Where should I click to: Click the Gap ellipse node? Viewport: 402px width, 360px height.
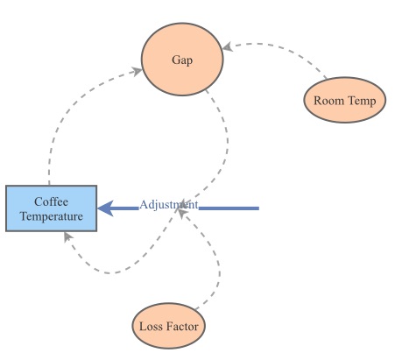(x=182, y=60)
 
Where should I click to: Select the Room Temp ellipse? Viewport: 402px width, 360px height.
(x=345, y=101)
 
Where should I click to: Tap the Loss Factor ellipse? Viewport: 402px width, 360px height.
(x=169, y=328)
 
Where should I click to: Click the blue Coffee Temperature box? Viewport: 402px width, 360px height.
(x=51, y=208)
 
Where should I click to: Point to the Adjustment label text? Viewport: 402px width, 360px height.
(x=169, y=205)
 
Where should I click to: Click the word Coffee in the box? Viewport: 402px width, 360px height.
(x=52, y=201)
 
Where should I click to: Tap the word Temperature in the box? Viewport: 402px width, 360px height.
(x=52, y=215)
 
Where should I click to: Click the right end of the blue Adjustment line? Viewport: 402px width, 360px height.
(x=257, y=208)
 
